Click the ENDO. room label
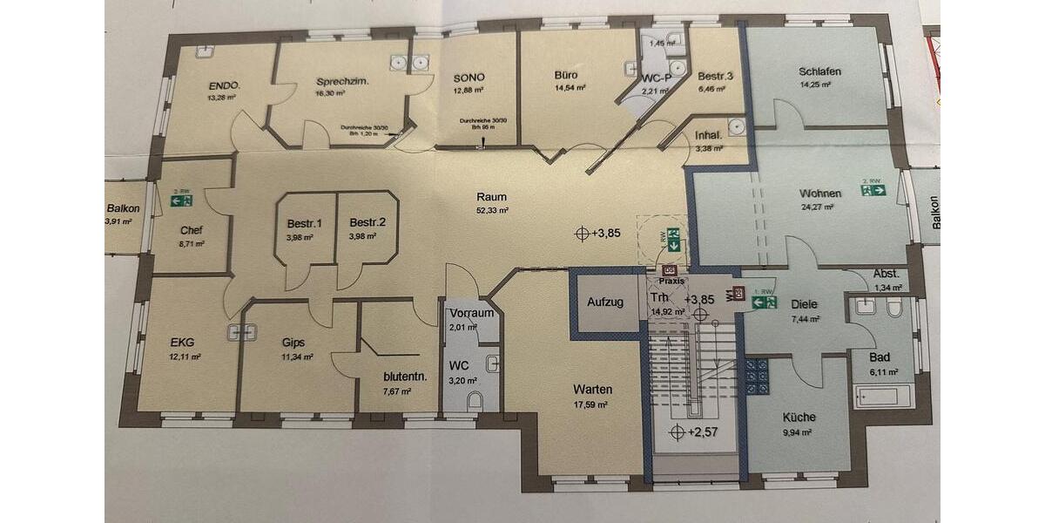point(224,85)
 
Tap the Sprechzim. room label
point(342,81)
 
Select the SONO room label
point(469,77)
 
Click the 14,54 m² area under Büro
point(570,88)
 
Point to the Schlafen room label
point(819,71)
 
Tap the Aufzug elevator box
point(604,302)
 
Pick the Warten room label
point(592,389)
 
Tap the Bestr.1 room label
point(305,223)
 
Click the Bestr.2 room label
point(361,223)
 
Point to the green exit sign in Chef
point(181,200)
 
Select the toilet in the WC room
point(475,401)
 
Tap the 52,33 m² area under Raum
point(491,210)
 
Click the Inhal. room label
point(708,135)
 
